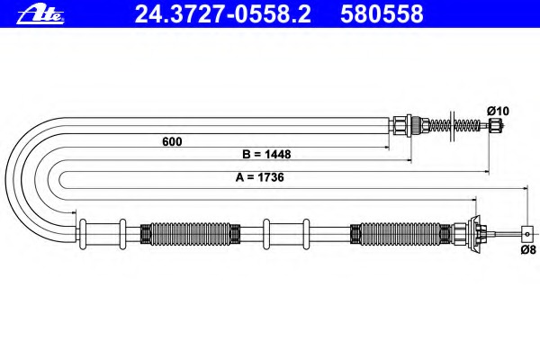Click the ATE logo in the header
[40, 14]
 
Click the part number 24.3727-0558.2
[223, 13]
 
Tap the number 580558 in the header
[382, 13]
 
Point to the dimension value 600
[172, 141]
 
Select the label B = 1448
[266, 154]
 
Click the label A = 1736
[260, 177]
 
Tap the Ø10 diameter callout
[498, 111]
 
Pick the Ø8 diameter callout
[528, 249]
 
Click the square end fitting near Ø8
[526, 234]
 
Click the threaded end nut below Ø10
[495, 125]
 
